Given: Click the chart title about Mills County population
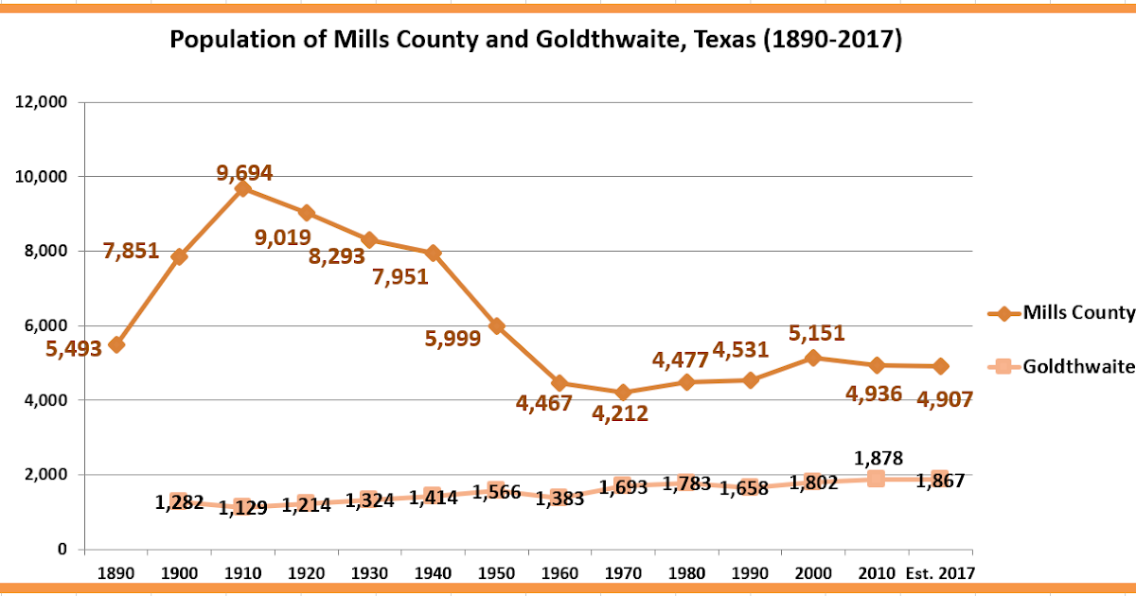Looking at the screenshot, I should tap(535, 40).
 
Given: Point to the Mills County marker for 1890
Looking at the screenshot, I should tap(116, 344).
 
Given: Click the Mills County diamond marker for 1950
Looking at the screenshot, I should tap(496, 325).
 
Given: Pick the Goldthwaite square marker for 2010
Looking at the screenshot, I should tap(876, 479).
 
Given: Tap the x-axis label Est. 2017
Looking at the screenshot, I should tap(941, 572).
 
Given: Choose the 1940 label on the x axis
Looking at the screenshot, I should tap(433, 572).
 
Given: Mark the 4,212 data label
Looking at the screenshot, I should tap(621, 413).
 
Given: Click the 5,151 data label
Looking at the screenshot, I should tap(818, 333).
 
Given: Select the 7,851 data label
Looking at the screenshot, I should tap(132, 253).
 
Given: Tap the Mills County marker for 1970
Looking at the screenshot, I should tap(623, 392).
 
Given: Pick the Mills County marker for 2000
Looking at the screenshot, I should tap(813, 358).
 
